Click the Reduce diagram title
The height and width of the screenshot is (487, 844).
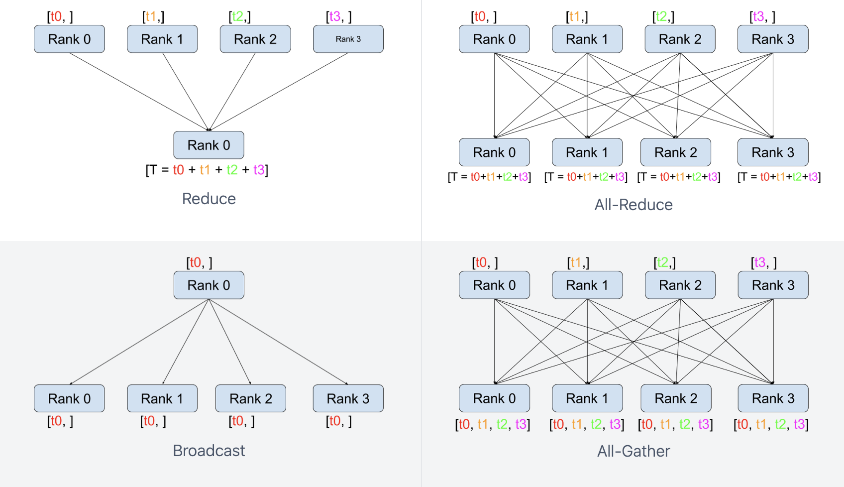(x=209, y=199)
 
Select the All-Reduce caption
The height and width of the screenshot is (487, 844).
(x=633, y=205)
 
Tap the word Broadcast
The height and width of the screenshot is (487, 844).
(x=209, y=451)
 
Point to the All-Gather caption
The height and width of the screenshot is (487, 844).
(x=633, y=451)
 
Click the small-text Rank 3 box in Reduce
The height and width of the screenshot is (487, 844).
(x=348, y=39)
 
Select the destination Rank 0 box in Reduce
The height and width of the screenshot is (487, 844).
(x=209, y=145)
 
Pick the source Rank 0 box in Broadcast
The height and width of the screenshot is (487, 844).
(x=209, y=285)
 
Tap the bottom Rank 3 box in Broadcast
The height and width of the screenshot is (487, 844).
(x=348, y=398)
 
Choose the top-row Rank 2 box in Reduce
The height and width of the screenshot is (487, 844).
(x=255, y=39)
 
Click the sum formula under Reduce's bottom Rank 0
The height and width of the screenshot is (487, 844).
(x=207, y=170)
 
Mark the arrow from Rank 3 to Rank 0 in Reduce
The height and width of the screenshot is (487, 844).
(x=279, y=92)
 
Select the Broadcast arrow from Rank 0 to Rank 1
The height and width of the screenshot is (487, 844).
(x=186, y=342)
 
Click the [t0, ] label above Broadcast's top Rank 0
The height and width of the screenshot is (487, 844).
(x=199, y=262)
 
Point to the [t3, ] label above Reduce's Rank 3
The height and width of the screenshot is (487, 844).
(x=339, y=16)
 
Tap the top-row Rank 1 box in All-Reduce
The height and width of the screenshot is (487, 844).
(x=587, y=39)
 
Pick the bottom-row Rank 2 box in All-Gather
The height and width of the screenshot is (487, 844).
(x=676, y=398)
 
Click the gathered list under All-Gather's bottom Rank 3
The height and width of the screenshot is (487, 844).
(x=771, y=424)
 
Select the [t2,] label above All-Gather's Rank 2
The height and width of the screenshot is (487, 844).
(x=664, y=262)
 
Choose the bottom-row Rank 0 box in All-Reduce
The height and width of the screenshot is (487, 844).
(x=494, y=152)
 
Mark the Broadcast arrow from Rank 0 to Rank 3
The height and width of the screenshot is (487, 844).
(x=279, y=342)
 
